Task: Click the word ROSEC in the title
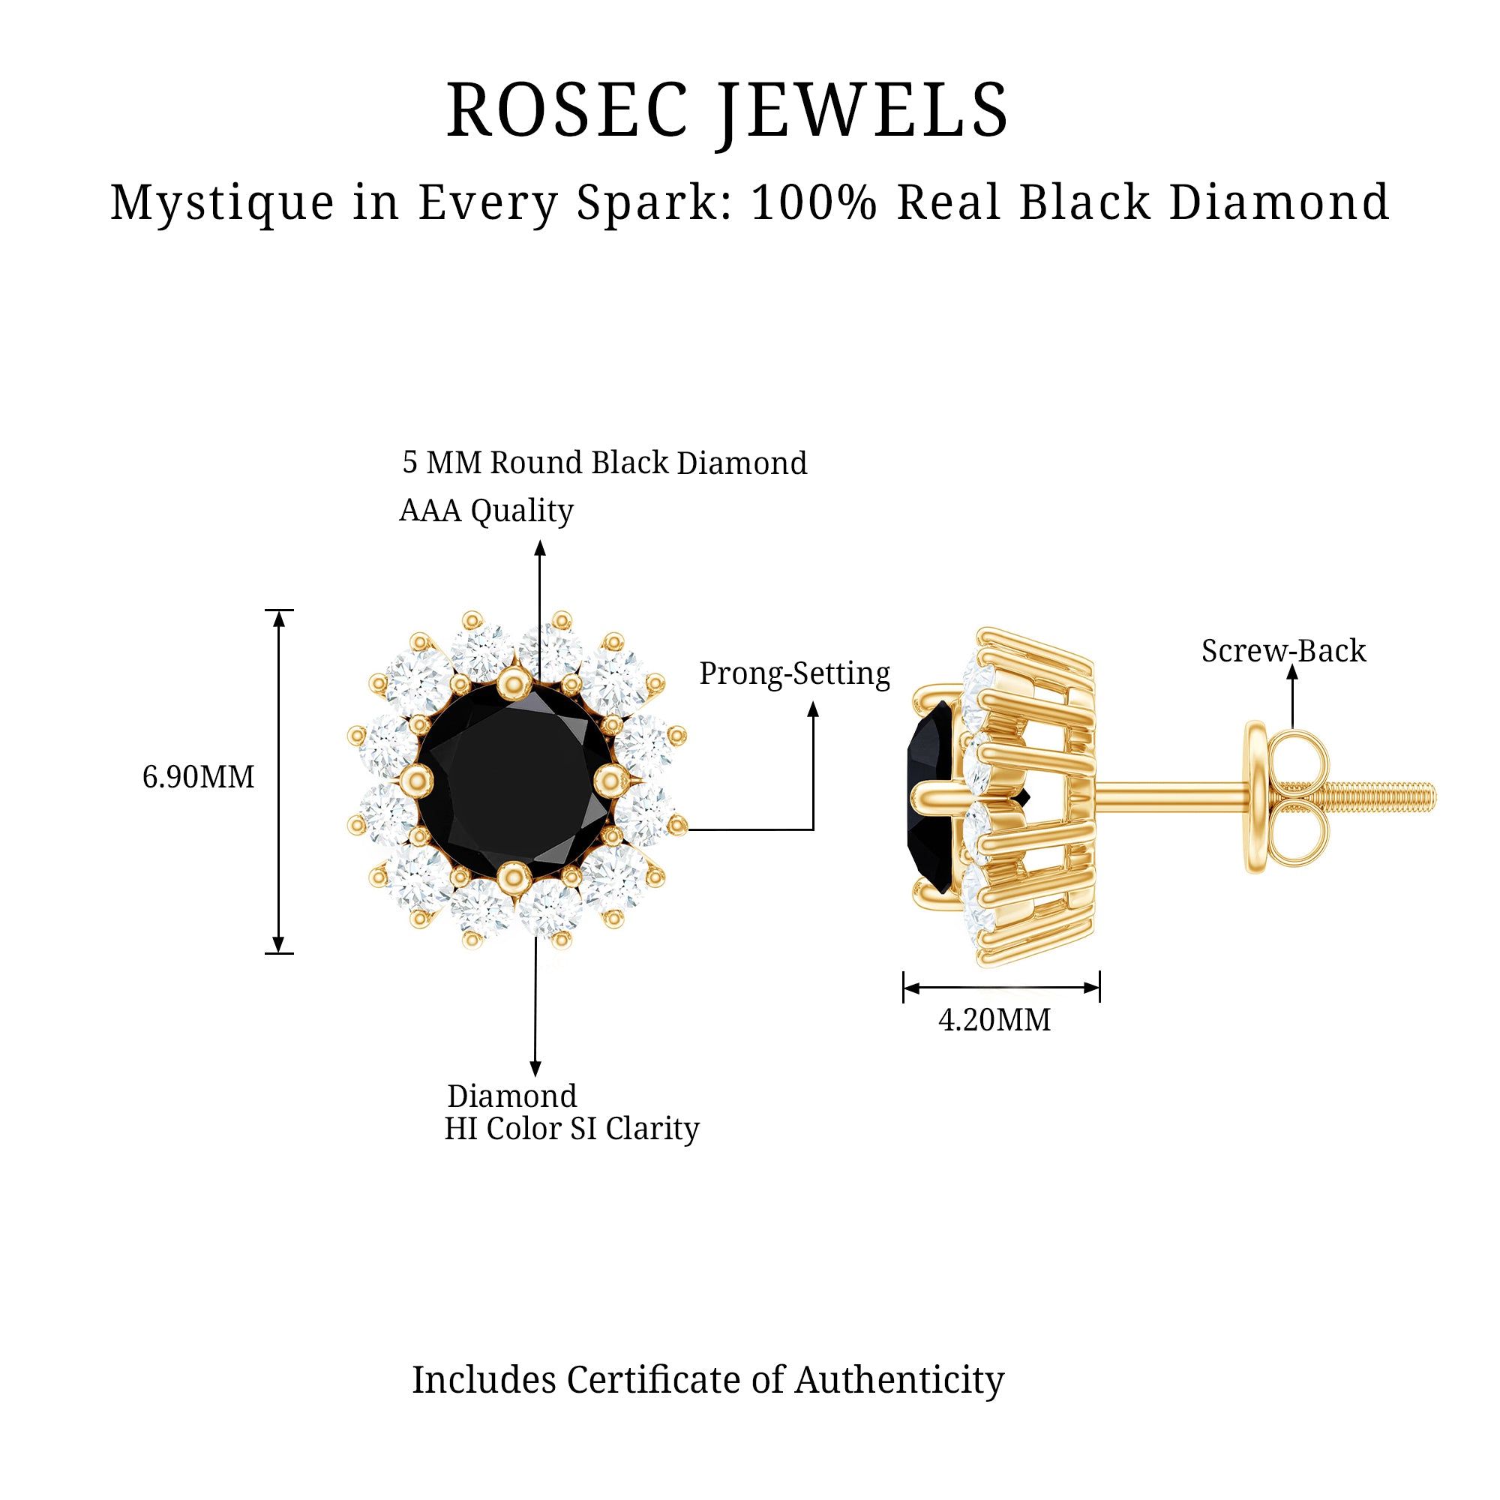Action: point(568,110)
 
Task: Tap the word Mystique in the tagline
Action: point(222,203)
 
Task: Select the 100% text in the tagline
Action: point(814,203)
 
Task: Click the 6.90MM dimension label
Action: point(198,777)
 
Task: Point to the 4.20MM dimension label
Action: point(994,1020)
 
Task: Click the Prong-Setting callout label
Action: point(794,673)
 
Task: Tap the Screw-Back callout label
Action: point(1283,650)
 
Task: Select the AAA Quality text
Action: point(486,511)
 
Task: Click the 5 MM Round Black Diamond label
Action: point(604,463)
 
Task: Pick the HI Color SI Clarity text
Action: point(571,1129)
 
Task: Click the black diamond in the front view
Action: point(513,781)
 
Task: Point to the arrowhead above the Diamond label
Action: point(535,1069)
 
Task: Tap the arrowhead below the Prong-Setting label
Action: point(813,709)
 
